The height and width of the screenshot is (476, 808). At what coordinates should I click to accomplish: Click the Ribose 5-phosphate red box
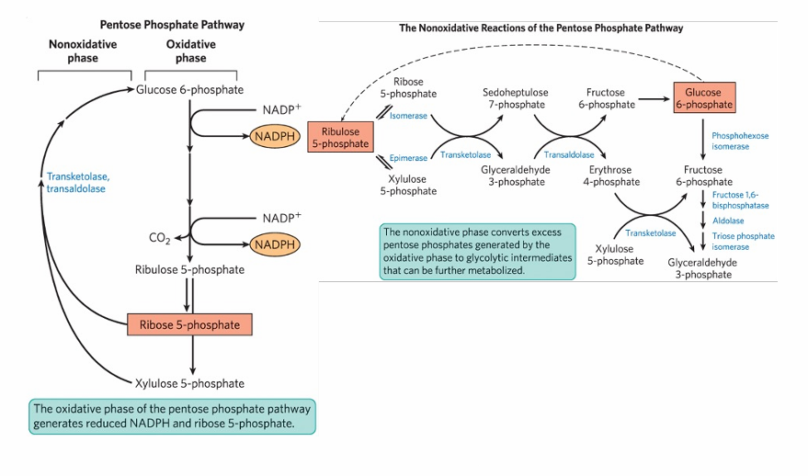click(x=189, y=324)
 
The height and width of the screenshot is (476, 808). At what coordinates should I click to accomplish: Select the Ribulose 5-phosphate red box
click(x=340, y=137)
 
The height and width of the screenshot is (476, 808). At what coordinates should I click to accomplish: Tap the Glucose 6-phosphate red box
click(x=704, y=97)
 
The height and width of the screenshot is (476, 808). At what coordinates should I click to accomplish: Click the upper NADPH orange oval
click(x=275, y=136)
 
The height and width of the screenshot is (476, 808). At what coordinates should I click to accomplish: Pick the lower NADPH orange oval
click(x=275, y=244)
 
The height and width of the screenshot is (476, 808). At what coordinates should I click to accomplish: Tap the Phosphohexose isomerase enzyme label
click(x=740, y=141)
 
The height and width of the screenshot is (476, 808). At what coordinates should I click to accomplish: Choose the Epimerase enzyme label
click(x=408, y=158)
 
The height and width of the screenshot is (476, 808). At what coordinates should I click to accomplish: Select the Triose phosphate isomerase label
click(x=743, y=242)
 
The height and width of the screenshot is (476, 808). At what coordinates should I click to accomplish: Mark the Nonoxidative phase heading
click(x=82, y=51)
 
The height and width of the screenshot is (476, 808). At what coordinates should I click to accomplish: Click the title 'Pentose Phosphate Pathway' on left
click(x=172, y=25)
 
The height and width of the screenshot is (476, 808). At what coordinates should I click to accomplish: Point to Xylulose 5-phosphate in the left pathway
click(x=190, y=383)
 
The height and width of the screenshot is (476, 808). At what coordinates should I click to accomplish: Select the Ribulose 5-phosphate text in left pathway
click(x=190, y=270)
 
